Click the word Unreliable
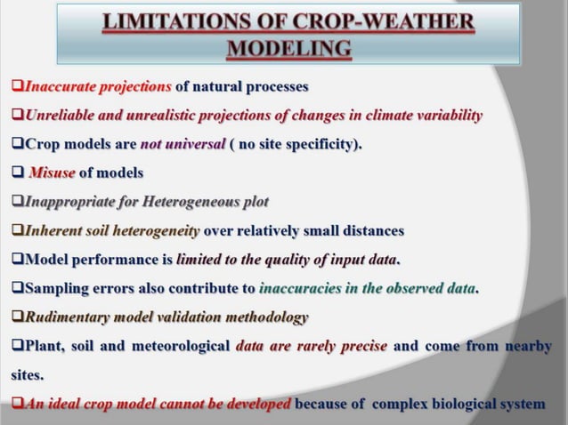click(61, 116)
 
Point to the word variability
click(442, 116)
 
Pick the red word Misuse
click(52, 172)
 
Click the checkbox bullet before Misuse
click(17, 172)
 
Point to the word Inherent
click(53, 231)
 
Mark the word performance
click(114, 260)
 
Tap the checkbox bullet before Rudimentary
click(17, 317)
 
